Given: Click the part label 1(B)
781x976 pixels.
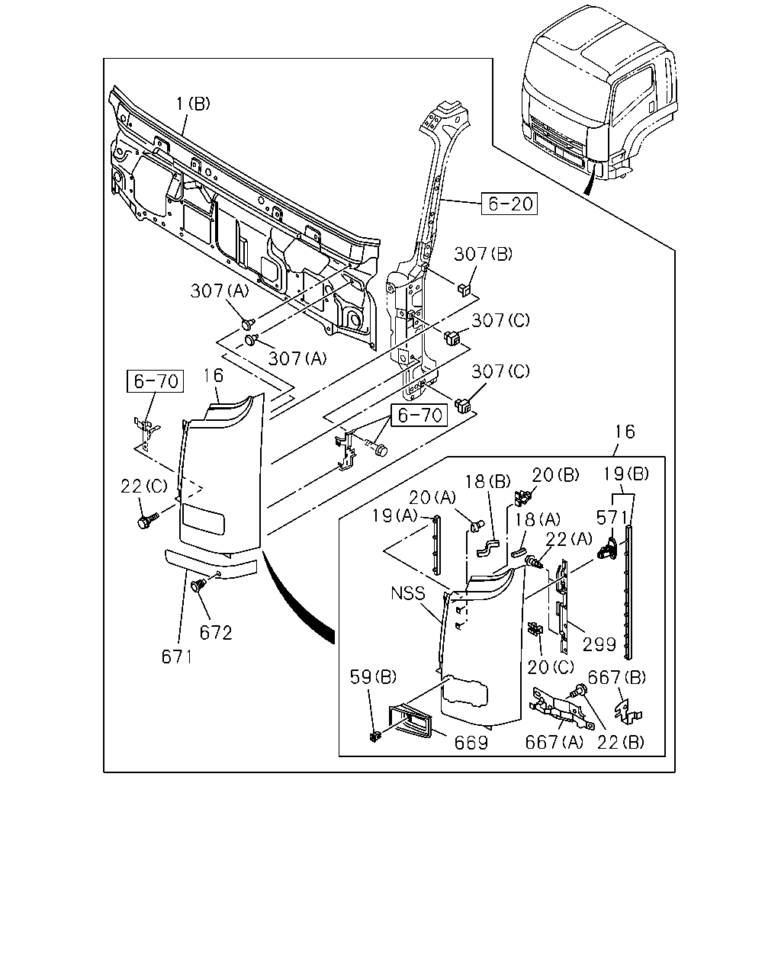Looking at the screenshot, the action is [x=193, y=104].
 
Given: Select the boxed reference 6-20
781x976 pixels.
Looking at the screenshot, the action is [x=509, y=204].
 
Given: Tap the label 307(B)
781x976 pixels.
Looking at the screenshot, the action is [x=484, y=255].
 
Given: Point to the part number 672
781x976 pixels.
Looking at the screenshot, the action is [x=216, y=633].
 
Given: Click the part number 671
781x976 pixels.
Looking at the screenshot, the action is [x=177, y=657].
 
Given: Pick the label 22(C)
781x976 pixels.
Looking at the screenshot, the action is [x=144, y=486].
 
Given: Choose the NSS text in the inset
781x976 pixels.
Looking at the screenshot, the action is [x=408, y=593].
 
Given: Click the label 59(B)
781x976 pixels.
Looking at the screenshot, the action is [x=373, y=677].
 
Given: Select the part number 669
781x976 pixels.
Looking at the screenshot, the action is [x=471, y=743].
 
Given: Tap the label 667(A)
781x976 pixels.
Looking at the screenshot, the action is [x=554, y=743].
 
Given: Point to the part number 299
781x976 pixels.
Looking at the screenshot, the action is [x=599, y=644].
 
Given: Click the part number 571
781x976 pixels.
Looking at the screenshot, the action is [x=612, y=518].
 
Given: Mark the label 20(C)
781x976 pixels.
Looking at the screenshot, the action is [x=551, y=666].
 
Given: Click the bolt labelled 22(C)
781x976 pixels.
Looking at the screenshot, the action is [x=147, y=521].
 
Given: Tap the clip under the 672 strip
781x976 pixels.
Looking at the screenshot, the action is [x=198, y=585].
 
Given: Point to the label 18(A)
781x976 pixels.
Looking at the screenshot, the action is [x=536, y=518].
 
